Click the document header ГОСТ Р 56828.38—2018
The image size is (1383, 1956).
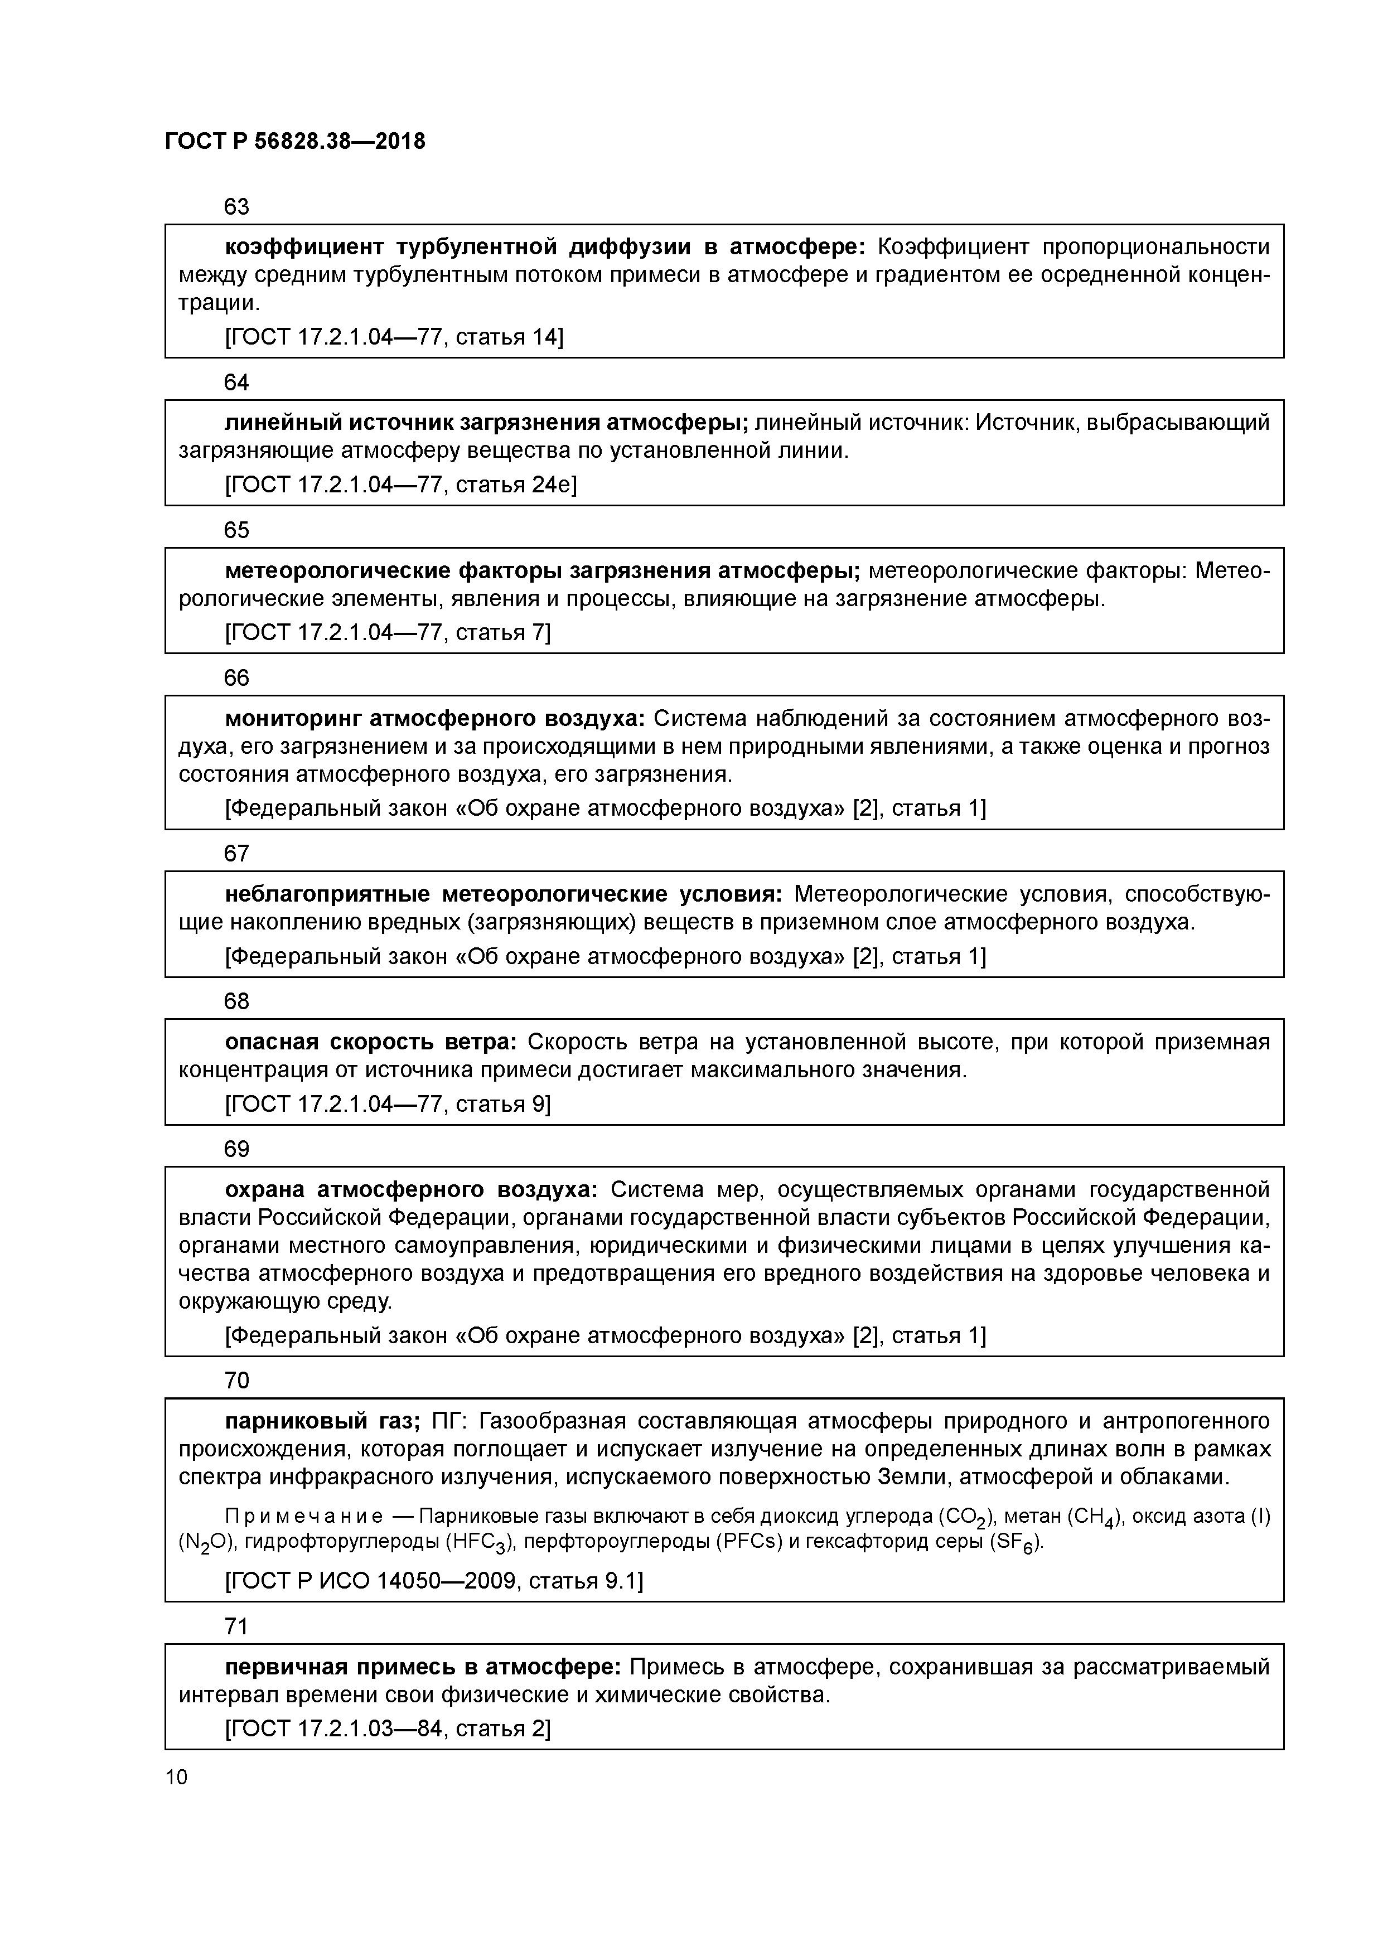295,142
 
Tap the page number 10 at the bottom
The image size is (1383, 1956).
176,1776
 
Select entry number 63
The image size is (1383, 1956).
236,206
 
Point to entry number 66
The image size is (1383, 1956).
236,677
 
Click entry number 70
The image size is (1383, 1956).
236,1380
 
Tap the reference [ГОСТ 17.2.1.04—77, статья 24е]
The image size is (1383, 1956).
400,485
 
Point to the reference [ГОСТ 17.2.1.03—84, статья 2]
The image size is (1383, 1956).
388,1728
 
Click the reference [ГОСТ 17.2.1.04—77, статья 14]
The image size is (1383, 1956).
394,337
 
